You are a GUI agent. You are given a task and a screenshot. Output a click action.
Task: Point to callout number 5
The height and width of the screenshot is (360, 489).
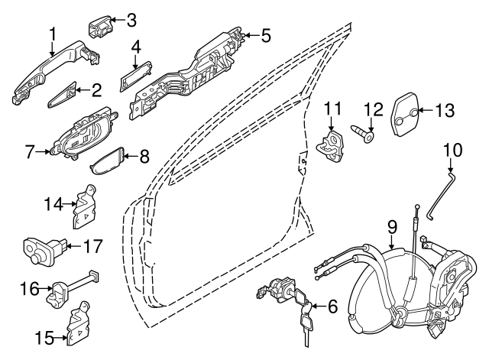click(265, 35)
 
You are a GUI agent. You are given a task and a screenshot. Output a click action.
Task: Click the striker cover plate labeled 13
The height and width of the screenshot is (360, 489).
click(407, 112)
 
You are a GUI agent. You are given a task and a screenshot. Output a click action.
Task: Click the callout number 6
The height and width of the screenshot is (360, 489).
click(332, 307)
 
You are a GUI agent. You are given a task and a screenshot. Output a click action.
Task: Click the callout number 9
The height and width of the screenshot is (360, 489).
click(391, 226)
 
